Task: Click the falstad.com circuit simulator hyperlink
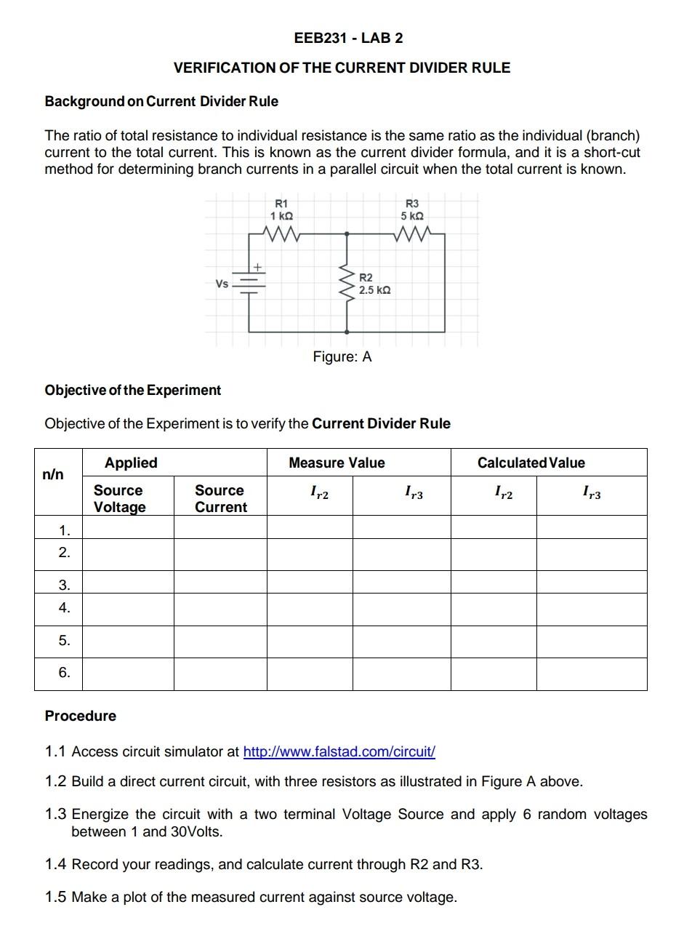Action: tap(339, 751)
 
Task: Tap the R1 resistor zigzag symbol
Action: tap(280, 234)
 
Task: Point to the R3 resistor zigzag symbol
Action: tap(411, 234)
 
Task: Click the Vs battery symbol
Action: tap(249, 284)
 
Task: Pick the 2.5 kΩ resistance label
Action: tap(374, 290)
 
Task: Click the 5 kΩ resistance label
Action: tap(411, 216)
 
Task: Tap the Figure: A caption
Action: tap(342, 356)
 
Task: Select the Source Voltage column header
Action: tap(119, 498)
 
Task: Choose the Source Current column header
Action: tap(220, 498)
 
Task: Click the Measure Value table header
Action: tap(337, 463)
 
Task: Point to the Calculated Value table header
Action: tap(531, 463)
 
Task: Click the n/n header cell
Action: tap(53, 475)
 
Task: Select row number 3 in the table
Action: tap(65, 584)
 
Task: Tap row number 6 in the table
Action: tap(65, 673)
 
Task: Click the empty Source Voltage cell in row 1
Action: tap(127, 527)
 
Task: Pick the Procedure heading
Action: tap(80, 716)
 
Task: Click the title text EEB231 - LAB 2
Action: tap(348, 38)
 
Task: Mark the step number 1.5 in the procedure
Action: tap(55, 897)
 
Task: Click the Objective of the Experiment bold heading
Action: tap(132, 390)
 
